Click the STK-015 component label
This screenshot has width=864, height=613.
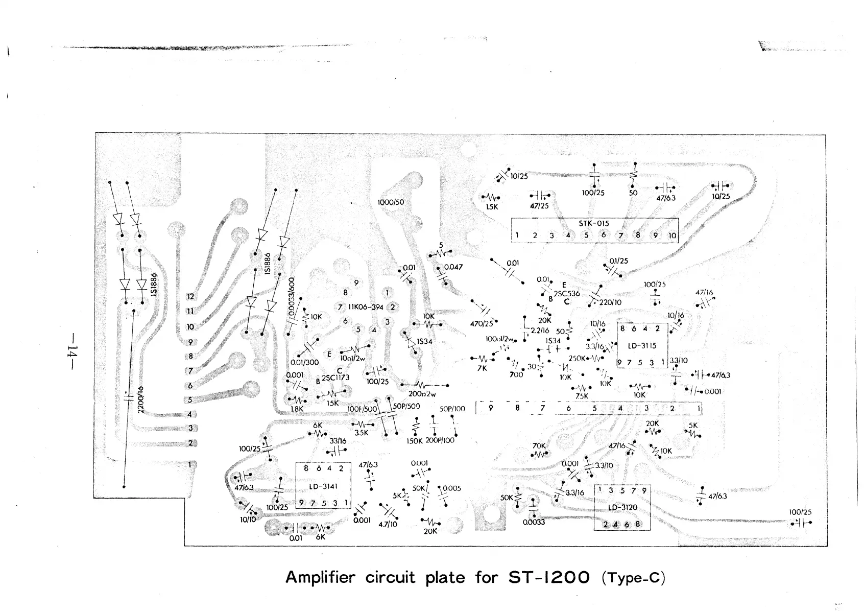pyautogui.click(x=593, y=224)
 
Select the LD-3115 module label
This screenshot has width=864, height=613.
pyautogui.click(x=642, y=346)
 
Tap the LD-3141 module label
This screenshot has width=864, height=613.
pyautogui.click(x=323, y=487)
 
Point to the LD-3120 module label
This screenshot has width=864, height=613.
pyautogui.click(x=622, y=508)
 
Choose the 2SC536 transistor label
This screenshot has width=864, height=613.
pyautogui.click(x=566, y=294)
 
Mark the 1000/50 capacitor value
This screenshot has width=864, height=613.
pyautogui.click(x=390, y=202)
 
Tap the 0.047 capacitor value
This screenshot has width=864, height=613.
pyautogui.click(x=453, y=267)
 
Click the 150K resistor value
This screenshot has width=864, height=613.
pyautogui.click(x=415, y=440)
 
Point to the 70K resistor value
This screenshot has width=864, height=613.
pyautogui.click(x=539, y=445)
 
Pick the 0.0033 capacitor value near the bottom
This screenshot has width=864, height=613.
pyautogui.click(x=534, y=523)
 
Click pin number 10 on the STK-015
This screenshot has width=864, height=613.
pyautogui.click(x=672, y=236)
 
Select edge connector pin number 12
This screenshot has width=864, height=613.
pyautogui.click(x=190, y=296)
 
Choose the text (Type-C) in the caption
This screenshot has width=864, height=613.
pyautogui.click(x=634, y=578)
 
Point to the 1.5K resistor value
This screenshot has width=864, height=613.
pyautogui.click(x=492, y=207)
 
